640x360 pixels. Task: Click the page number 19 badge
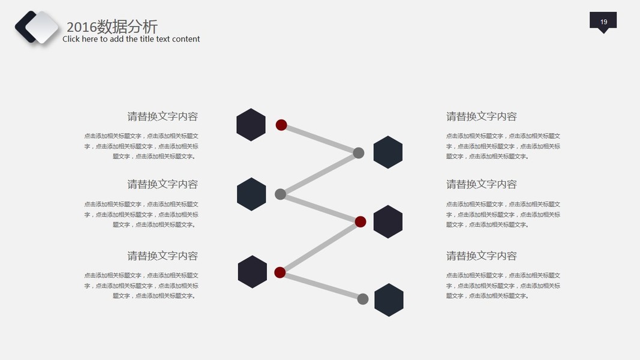[x=603, y=21]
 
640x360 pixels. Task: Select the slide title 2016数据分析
[x=112, y=26]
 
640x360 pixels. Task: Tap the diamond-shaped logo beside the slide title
[x=37, y=27]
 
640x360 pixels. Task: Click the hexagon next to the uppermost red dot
[x=251, y=125]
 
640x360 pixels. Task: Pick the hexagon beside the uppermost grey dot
[x=387, y=152]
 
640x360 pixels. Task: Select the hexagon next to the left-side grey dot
[x=251, y=194]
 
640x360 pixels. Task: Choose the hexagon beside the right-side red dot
[x=387, y=221]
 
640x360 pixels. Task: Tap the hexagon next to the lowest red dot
[x=252, y=272]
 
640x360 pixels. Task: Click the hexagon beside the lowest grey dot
[x=389, y=299]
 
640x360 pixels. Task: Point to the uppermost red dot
[x=281, y=125]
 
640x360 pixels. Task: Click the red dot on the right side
[x=360, y=222]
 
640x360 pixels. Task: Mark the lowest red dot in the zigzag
[x=280, y=272]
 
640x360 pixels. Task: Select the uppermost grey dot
[x=359, y=152]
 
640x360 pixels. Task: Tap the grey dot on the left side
[x=280, y=194]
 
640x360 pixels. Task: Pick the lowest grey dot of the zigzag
[x=363, y=299]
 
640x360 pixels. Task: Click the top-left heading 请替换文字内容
[x=162, y=116]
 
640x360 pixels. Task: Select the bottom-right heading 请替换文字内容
[x=481, y=256]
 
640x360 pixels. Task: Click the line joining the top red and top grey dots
[x=320, y=139]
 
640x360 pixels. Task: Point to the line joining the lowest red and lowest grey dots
[x=321, y=286]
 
